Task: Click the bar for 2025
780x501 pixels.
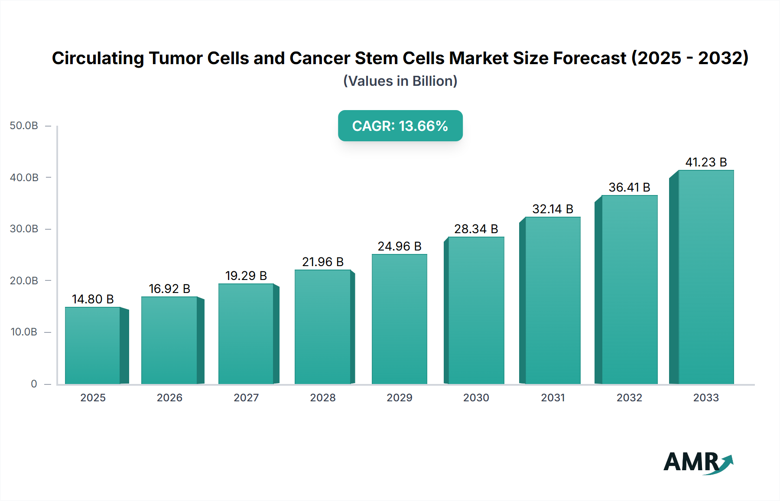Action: [x=93, y=345]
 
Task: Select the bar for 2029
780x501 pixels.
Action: [x=399, y=319]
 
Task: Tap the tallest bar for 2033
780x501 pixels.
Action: [x=705, y=277]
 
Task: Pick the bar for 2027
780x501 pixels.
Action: [x=246, y=334]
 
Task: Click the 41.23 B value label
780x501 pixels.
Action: [x=706, y=162]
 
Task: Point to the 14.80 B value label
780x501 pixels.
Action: [x=93, y=299]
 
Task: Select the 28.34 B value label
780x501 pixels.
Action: [x=476, y=229]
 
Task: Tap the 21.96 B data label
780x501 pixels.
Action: [x=323, y=262]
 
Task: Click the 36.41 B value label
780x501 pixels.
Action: [x=629, y=187]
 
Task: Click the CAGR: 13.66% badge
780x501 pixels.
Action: [x=400, y=126]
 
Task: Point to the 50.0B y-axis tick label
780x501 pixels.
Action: [x=24, y=126]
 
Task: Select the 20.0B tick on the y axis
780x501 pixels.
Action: [x=24, y=281]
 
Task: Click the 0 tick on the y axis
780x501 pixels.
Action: [x=34, y=384]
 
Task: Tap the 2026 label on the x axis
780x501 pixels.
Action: [x=169, y=397]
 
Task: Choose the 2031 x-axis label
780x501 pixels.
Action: [x=552, y=397]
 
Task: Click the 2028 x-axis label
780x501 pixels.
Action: [x=323, y=397]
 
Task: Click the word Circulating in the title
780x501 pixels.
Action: [x=98, y=58]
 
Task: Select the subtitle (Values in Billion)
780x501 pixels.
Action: [x=400, y=81]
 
